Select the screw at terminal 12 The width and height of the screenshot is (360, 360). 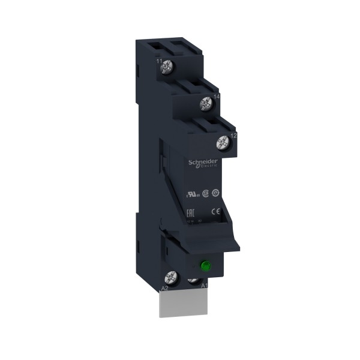[223, 143]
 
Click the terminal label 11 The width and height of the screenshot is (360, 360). [159, 62]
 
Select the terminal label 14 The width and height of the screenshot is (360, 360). [215, 95]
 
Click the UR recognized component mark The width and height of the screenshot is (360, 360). [193, 194]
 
